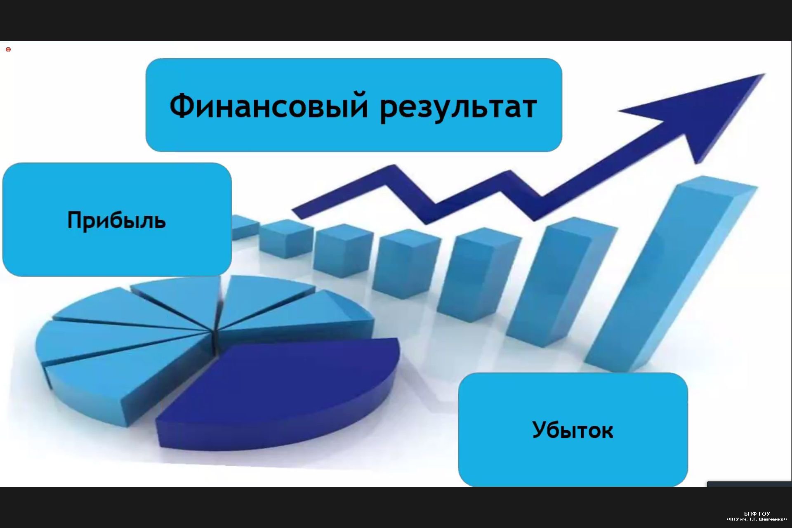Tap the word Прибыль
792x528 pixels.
click(x=116, y=221)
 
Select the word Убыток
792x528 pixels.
click(x=573, y=430)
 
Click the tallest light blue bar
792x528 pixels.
click(x=672, y=272)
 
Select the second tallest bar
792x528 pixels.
click(x=561, y=285)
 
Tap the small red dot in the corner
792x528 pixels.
click(x=8, y=49)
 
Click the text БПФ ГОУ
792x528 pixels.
click(x=757, y=514)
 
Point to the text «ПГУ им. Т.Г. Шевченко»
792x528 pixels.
click(x=757, y=519)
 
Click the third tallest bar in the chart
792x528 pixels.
click(x=478, y=274)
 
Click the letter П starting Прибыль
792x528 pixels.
click(x=75, y=220)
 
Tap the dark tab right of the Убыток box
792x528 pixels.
click(x=749, y=484)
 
